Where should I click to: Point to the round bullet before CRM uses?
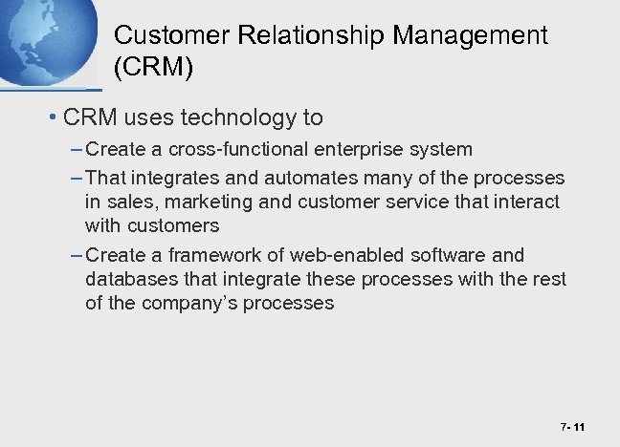coord(52,119)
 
